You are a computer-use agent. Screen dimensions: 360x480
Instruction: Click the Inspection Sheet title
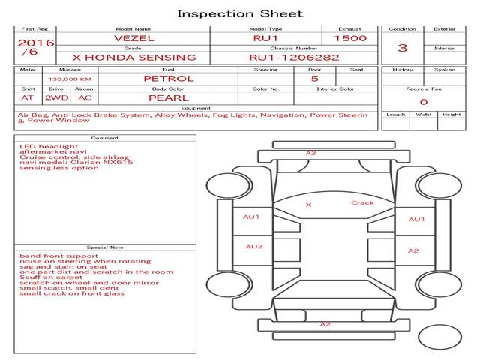click(x=240, y=13)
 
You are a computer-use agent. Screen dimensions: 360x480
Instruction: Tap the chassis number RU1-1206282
click(x=294, y=57)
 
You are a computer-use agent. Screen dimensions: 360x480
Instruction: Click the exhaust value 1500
click(x=350, y=37)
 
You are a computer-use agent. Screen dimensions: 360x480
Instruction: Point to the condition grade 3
click(x=403, y=48)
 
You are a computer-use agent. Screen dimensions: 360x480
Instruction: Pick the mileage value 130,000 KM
click(x=70, y=78)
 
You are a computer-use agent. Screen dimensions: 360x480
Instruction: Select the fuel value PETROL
click(x=169, y=78)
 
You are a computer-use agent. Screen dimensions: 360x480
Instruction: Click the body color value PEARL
click(x=168, y=97)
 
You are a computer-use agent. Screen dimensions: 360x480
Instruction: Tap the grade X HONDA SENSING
click(x=134, y=57)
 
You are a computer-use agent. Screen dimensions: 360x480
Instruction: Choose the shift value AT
click(x=27, y=97)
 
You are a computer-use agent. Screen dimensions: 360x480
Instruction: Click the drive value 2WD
click(x=54, y=97)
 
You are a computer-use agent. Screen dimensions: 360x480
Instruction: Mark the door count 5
click(x=314, y=78)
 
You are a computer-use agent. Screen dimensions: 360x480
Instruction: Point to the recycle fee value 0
click(x=423, y=101)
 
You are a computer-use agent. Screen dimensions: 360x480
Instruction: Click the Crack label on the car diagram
click(x=362, y=203)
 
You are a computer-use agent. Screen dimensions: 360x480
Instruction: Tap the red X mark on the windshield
click(x=308, y=205)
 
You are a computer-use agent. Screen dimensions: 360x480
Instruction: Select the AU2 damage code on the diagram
click(x=254, y=246)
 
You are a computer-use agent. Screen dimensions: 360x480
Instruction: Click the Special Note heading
click(x=105, y=246)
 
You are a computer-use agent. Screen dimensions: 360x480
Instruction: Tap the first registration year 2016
click(x=36, y=43)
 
